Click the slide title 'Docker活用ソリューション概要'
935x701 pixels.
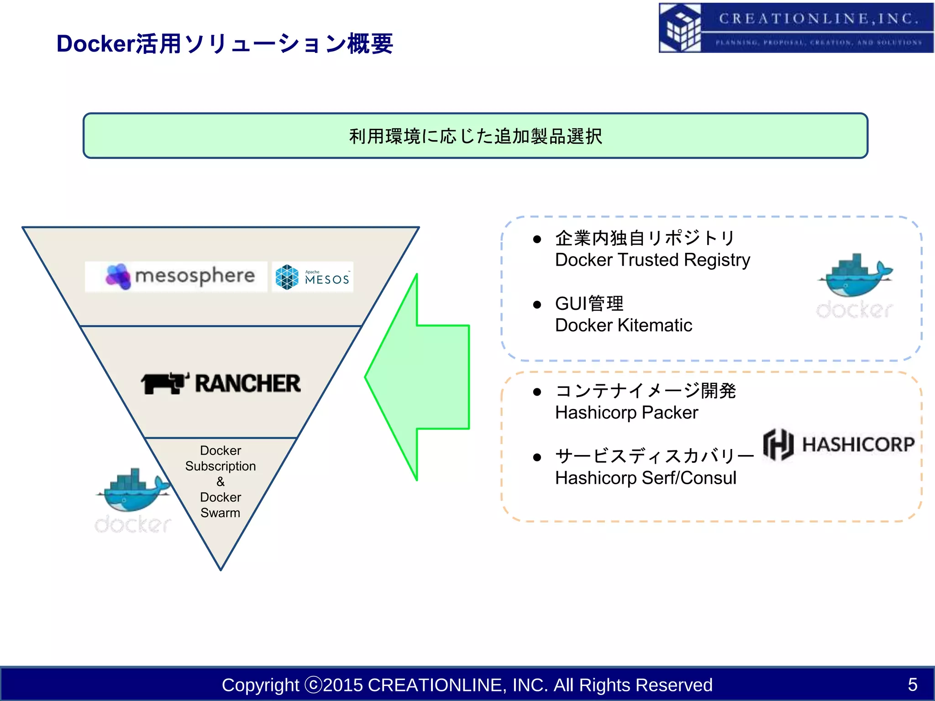pyautogui.click(x=225, y=44)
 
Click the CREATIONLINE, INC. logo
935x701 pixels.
pyautogui.click(x=796, y=28)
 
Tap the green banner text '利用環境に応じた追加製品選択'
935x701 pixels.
pyautogui.click(x=475, y=136)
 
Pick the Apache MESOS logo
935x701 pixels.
pyautogui.click(x=313, y=277)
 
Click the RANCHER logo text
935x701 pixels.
pyautogui.click(x=248, y=384)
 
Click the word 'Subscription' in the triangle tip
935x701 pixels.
pyautogui.click(x=221, y=466)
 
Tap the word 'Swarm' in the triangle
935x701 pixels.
pyautogui.click(x=221, y=513)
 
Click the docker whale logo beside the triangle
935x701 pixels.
pyautogui.click(x=133, y=500)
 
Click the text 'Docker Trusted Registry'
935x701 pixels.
pyautogui.click(x=652, y=260)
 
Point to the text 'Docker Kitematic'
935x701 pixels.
pyautogui.click(x=623, y=325)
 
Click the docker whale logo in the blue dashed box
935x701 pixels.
pyautogui.click(x=855, y=285)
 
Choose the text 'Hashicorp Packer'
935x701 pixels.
pyautogui.click(x=626, y=413)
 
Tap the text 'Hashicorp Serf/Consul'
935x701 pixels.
pyautogui.click(x=646, y=478)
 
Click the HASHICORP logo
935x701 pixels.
pyautogui.click(x=839, y=445)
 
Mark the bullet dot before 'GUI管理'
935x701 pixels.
pyautogui.click(x=537, y=305)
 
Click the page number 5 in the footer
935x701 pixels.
pyautogui.click(x=912, y=685)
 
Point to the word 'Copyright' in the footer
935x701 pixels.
pyautogui.click(x=260, y=685)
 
